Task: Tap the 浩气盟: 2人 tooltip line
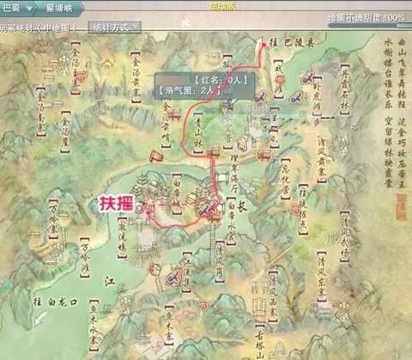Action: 185,87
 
